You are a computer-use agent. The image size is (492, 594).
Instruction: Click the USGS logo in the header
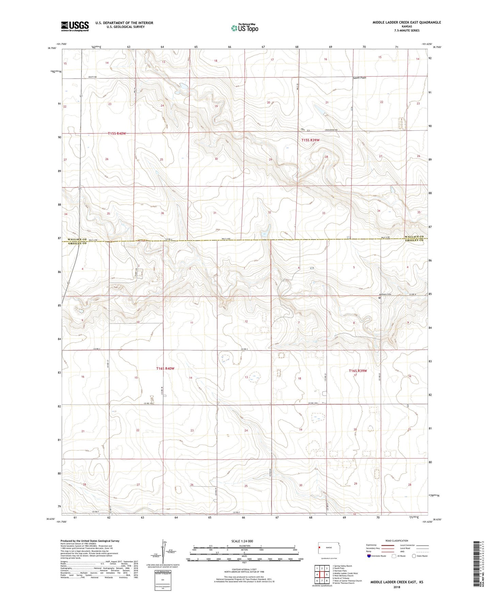coord(75,26)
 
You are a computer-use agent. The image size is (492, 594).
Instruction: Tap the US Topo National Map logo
coord(244,28)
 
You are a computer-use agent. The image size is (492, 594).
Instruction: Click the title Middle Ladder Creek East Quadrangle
coord(407,22)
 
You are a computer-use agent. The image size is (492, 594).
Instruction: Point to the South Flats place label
coord(359,78)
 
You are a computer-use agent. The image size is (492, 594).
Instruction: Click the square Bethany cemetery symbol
coord(380,298)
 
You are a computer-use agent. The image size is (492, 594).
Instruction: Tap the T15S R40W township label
coord(117,133)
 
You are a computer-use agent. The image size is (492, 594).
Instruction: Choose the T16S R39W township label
coord(358,371)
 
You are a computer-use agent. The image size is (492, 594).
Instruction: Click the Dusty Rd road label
coord(93,77)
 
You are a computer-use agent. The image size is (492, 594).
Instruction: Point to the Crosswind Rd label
coord(331,130)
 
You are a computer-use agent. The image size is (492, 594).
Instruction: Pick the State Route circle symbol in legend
coord(414,556)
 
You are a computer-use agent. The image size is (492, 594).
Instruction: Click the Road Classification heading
coord(397,541)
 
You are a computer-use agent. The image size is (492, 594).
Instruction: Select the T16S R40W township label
coord(165,368)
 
